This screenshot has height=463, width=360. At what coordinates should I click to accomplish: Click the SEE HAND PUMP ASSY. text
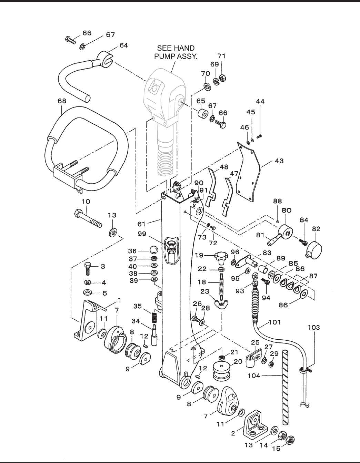click(176, 52)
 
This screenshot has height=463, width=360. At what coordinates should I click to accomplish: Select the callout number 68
click(62, 101)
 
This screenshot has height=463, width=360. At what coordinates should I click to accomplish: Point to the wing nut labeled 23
click(221, 302)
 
